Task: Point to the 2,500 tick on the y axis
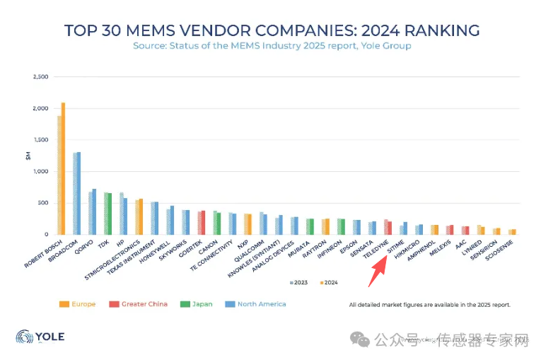[40, 76]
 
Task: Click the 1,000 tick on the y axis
[40, 171]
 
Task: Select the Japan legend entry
[197, 304]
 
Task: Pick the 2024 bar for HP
[125, 216]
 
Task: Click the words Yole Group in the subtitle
[385, 46]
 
